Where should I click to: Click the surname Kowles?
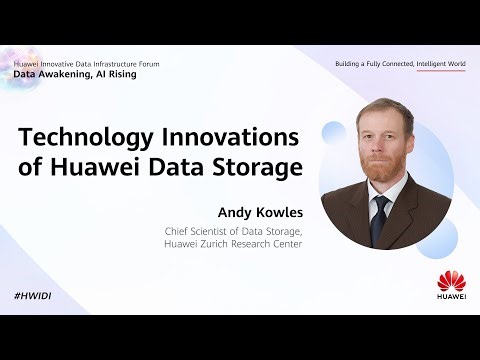279,213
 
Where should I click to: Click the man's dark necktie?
380,211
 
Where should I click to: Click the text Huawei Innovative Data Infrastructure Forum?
86,64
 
